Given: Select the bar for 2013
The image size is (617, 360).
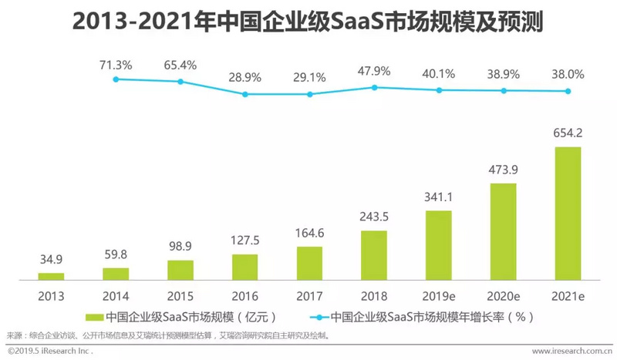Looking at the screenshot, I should tap(51, 275).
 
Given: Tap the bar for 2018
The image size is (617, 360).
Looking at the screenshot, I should tap(374, 254).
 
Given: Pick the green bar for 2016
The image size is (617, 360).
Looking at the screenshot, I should tap(244, 266).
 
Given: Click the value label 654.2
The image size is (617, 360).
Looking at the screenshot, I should tap(568, 133).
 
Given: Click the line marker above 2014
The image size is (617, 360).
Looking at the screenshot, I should tap(116, 79).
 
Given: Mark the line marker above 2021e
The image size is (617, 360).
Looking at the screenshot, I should tap(568, 91).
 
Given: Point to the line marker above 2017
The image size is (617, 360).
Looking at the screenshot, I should tap(309, 94).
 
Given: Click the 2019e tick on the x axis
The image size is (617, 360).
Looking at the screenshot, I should tap(439, 296).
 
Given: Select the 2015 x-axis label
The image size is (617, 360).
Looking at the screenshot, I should tap(180, 296).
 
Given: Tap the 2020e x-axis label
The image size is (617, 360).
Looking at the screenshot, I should tap(503, 296).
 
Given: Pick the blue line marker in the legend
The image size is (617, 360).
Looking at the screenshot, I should tap(317, 316).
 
